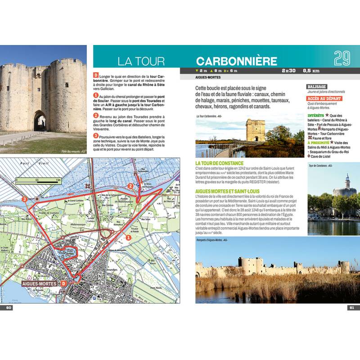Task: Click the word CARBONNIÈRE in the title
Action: point(237,61)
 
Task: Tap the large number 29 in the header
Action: point(342,58)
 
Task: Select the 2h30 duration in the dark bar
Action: point(288,71)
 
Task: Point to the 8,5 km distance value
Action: point(311,71)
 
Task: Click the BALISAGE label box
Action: point(316,86)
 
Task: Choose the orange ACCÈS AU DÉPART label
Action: point(324,99)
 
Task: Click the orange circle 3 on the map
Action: point(24,199)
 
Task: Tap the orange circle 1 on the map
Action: point(128,237)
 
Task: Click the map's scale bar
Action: point(38,181)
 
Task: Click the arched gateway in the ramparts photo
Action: point(40,121)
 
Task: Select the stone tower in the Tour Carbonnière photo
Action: point(256,130)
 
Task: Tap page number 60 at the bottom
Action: point(9,308)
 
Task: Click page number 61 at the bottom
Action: point(351,308)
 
